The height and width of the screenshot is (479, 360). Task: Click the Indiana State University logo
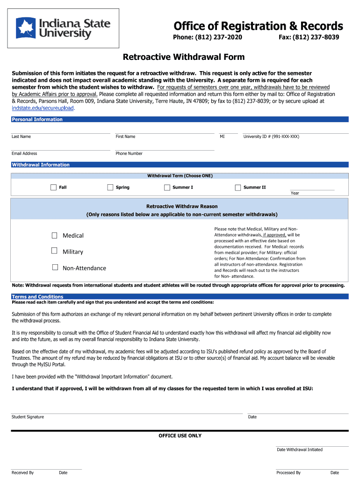(64, 29)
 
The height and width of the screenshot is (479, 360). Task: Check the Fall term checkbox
(53, 188)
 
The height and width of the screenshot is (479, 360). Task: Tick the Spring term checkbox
(110, 188)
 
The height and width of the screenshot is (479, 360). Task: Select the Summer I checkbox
(167, 188)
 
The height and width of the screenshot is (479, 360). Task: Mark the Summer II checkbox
(238, 188)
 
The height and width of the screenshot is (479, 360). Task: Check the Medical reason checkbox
(55, 235)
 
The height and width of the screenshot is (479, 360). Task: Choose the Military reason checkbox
(55, 251)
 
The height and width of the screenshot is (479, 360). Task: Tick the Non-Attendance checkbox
(55, 268)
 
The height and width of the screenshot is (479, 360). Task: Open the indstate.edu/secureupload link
(43, 108)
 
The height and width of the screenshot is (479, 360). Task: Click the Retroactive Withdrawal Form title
(183, 58)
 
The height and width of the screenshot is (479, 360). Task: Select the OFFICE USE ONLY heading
(180, 436)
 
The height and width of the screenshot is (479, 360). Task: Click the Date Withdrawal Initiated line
(312, 445)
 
